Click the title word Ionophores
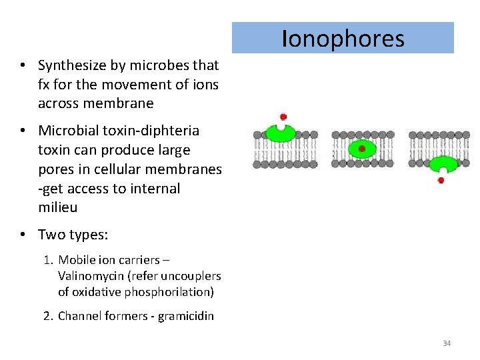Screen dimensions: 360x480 click(x=343, y=39)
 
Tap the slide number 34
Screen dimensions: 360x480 click(x=447, y=343)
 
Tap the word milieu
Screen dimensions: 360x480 click(x=58, y=207)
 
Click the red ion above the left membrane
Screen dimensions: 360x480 click(x=283, y=117)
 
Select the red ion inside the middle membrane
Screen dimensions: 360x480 click(x=362, y=149)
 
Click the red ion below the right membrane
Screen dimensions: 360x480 click(x=441, y=180)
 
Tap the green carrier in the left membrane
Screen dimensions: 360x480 click(x=281, y=133)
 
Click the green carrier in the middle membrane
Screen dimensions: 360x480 click(x=362, y=149)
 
